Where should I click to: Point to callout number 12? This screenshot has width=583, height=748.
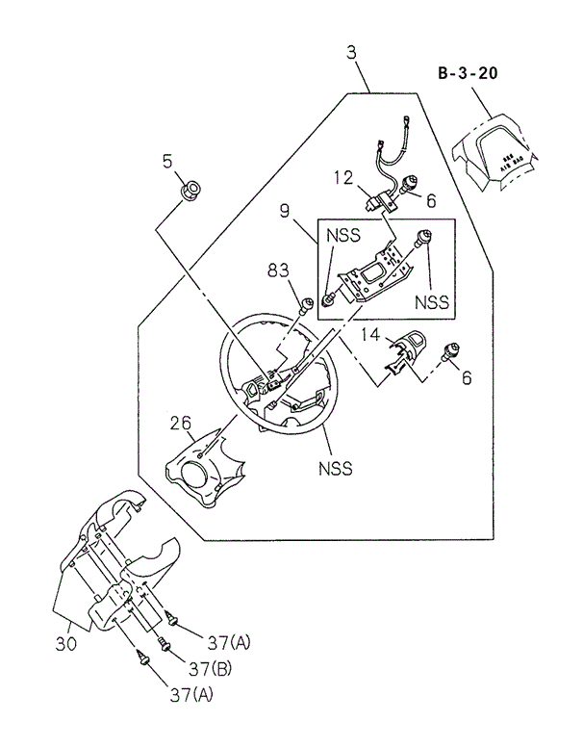[343, 177]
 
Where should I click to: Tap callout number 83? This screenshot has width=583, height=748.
[279, 272]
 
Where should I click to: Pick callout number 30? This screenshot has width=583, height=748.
[64, 641]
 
